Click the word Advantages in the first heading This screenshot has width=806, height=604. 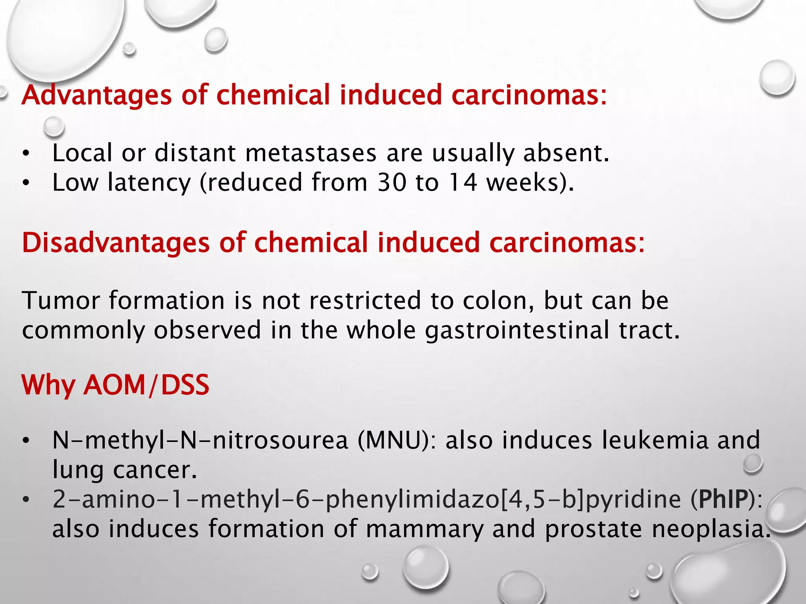coord(97,96)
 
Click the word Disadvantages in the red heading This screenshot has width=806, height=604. coord(116,243)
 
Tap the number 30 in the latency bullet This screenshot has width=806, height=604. coord(392,182)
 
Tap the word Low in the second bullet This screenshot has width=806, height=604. coord(75,182)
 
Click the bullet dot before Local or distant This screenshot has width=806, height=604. coord(26,154)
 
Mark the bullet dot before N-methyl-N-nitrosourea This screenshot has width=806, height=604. coord(26,441)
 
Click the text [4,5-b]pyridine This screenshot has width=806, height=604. coord(591,499)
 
